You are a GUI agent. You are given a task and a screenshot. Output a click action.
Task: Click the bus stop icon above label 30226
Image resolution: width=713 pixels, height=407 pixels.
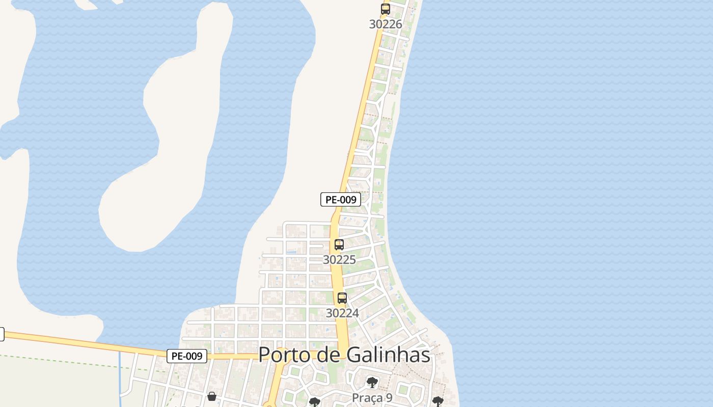386,9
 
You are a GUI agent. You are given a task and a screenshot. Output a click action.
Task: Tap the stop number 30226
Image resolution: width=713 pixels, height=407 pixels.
386,24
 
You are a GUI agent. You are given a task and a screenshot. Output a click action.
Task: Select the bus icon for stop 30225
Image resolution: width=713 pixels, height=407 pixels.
339,244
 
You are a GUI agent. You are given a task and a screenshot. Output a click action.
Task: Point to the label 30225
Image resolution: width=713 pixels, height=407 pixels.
339,259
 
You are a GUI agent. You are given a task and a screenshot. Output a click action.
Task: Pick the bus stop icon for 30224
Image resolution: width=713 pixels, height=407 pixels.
342,298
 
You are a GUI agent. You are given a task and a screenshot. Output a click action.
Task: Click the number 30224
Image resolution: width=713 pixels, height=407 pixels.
342,313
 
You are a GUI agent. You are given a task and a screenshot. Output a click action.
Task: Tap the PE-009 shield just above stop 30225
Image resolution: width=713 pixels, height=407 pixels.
341,199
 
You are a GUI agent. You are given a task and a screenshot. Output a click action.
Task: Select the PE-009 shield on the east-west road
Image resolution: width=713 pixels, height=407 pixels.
187,356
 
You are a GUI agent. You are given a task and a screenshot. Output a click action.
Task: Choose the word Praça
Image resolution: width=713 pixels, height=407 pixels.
366,397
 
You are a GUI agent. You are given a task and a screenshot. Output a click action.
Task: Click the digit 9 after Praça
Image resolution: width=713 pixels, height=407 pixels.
389,397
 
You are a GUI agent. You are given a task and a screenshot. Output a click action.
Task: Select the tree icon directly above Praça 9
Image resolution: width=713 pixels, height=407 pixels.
372,382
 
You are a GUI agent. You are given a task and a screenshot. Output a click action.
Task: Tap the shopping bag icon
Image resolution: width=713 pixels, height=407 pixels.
212,396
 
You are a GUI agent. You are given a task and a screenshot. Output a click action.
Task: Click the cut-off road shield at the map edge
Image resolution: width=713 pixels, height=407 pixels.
2,334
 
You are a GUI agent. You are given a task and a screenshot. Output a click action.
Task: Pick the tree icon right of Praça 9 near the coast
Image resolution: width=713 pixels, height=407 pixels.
437,402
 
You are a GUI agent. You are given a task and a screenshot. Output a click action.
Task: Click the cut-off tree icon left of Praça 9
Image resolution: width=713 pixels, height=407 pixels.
315,402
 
